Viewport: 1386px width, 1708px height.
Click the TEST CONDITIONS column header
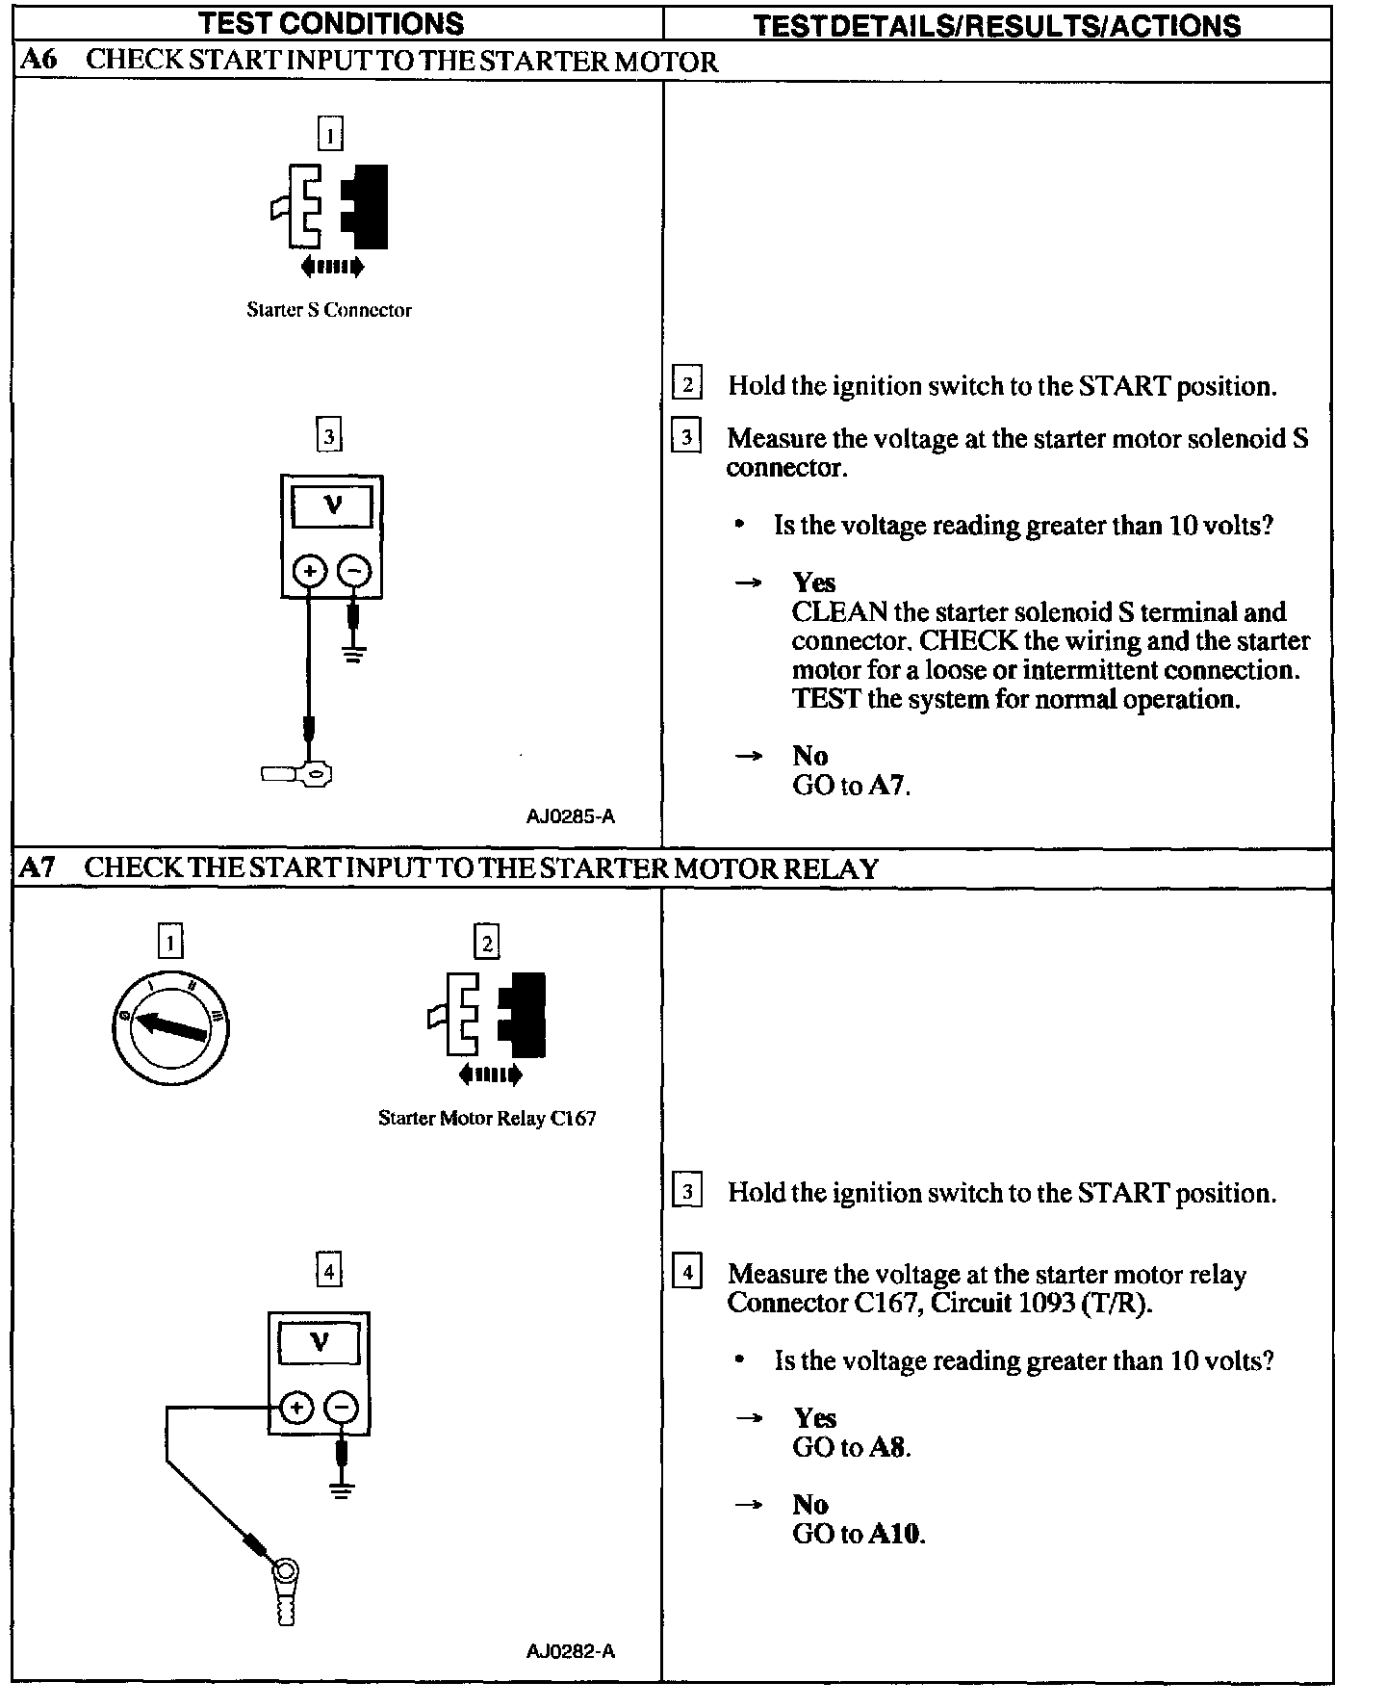tap(331, 23)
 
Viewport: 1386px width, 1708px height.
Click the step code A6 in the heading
tap(38, 60)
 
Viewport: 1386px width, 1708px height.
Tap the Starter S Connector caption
tap(328, 310)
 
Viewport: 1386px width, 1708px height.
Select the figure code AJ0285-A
tap(570, 816)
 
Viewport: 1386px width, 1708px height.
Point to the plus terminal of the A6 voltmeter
tap(309, 571)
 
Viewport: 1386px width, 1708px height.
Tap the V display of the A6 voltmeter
tap(332, 505)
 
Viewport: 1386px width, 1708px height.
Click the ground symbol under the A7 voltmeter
tap(341, 1490)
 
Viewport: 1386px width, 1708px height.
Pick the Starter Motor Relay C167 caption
tap(487, 1118)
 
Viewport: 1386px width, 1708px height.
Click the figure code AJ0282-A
tap(570, 1651)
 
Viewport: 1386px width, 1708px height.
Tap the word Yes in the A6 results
tap(813, 582)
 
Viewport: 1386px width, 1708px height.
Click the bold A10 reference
tap(895, 1533)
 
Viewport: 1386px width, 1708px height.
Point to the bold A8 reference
tap(888, 1447)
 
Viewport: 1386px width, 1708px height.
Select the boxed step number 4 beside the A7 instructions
tap(686, 1273)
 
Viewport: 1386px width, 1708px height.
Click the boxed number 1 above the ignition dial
tap(169, 941)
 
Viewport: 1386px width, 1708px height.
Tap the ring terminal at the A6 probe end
tap(316, 772)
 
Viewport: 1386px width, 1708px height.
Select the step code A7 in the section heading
tap(38, 867)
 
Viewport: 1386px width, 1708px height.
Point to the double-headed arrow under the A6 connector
tap(331, 267)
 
